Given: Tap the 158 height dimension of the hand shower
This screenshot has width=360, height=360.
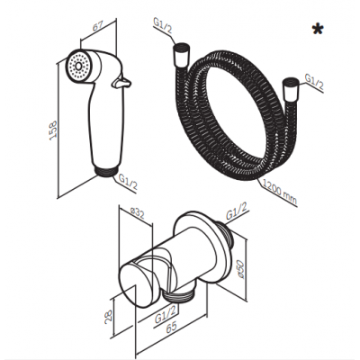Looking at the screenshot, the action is tap(52, 130).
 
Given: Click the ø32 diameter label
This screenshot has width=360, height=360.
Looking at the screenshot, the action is tap(138, 214).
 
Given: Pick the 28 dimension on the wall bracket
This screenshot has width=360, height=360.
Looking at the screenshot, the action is tap(109, 315).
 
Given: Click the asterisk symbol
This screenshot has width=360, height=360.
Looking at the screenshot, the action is tap(318, 30).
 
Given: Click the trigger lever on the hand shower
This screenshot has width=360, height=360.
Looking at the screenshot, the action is tap(121, 82).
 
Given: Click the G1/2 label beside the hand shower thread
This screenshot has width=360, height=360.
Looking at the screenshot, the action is tap(128, 182).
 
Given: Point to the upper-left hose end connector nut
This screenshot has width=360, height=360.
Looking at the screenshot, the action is tap(181, 55).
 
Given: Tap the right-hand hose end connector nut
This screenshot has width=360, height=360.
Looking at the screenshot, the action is tap(290, 88).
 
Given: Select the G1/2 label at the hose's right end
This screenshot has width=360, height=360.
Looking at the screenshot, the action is tap(314, 82).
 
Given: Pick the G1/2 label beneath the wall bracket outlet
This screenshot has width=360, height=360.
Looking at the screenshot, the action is tap(166, 314).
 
